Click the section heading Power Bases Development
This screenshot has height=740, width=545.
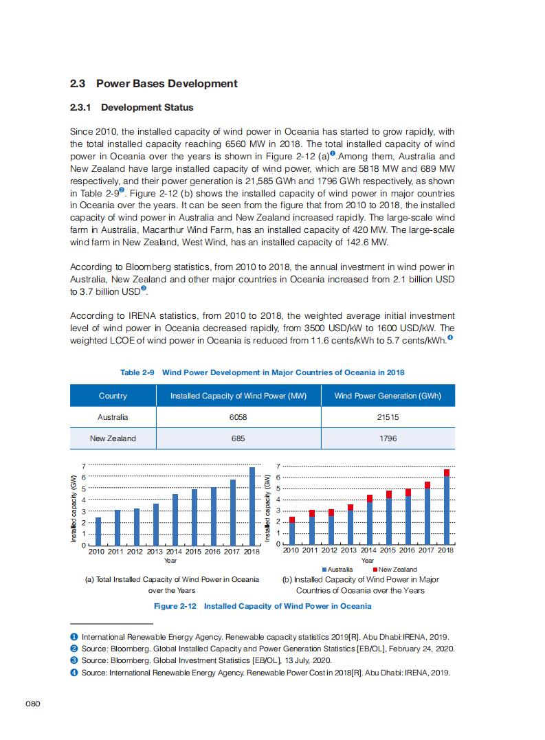(153, 84)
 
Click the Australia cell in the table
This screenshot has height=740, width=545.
(113, 417)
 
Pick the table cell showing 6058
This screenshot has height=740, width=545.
(238, 417)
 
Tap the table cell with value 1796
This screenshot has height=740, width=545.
(388, 438)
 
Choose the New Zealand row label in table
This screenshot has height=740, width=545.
(113, 438)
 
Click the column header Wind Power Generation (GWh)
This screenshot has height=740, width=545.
(388, 396)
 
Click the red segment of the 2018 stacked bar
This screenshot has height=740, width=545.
(447, 473)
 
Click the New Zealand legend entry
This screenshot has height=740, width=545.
(395, 570)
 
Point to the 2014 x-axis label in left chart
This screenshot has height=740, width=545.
(174, 551)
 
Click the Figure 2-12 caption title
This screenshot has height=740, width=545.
(263, 606)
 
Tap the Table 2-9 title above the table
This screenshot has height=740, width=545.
(262, 372)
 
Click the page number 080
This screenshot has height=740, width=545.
(34, 704)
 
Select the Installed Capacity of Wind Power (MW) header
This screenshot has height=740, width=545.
(238, 396)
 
